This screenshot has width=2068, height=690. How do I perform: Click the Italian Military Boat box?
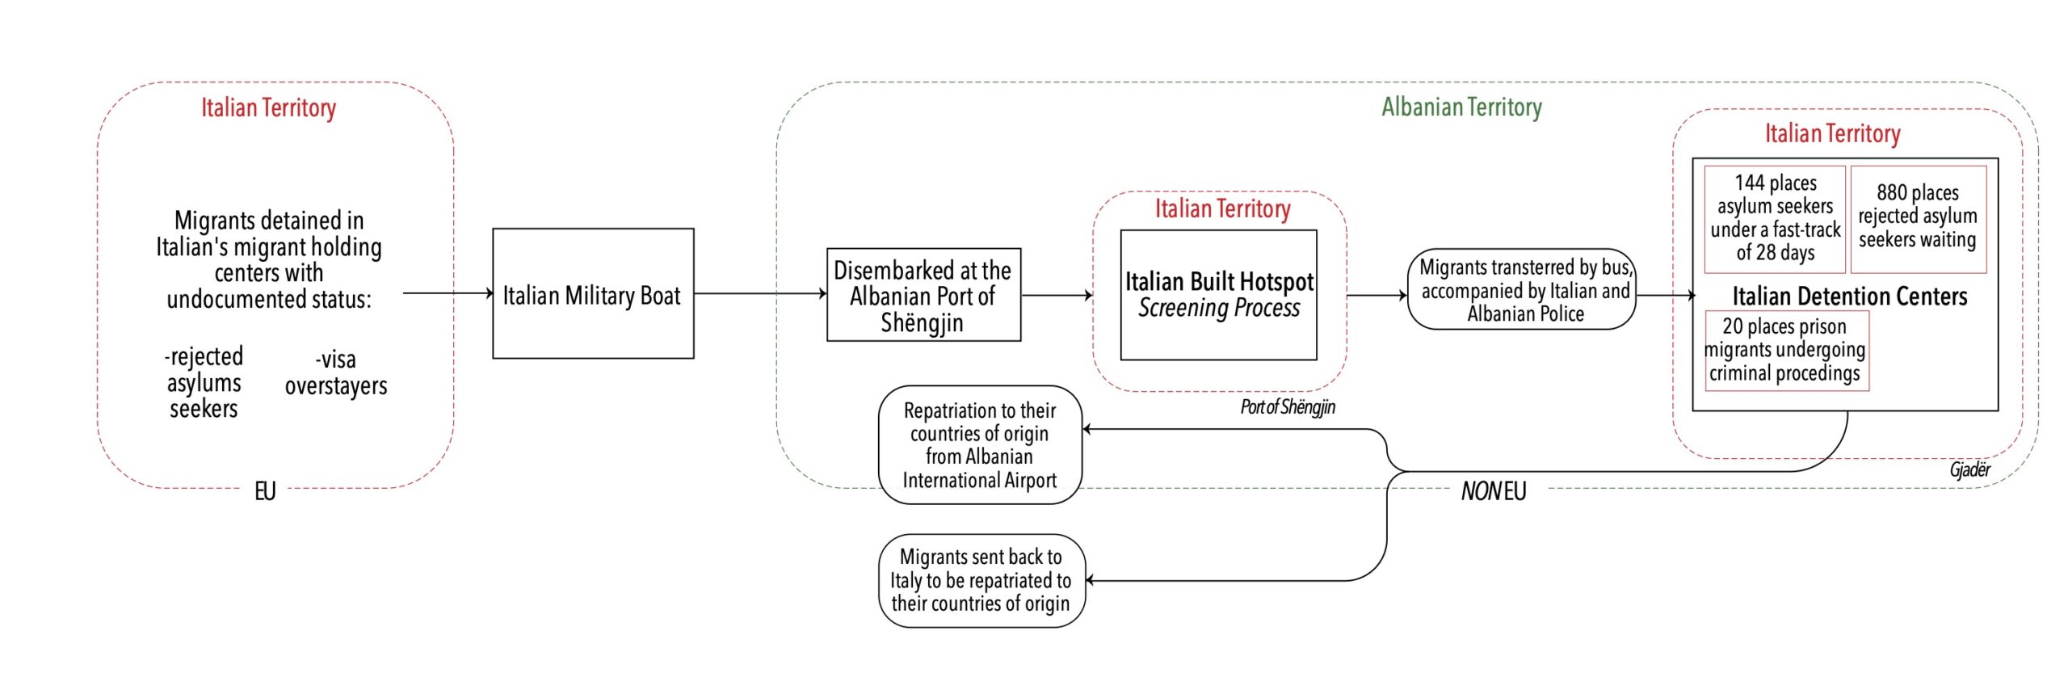pyautogui.click(x=592, y=293)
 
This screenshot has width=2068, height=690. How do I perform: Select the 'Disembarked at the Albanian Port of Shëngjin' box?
pyautogui.click(x=923, y=295)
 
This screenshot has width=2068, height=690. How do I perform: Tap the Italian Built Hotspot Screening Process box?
pyautogui.click(x=1218, y=295)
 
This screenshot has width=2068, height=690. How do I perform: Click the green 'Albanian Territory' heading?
pyautogui.click(x=1461, y=107)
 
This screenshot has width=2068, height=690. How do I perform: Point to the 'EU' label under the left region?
pyautogui.click(x=265, y=490)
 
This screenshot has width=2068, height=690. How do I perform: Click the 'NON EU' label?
pyautogui.click(x=1493, y=490)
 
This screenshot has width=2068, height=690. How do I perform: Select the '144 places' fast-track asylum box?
pyautogui.click(x=1775, y=218)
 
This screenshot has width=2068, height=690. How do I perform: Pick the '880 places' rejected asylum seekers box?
pyautogui.click(x=1918, y=217)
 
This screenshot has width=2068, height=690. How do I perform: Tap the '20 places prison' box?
pyautogui.click(x=1785, y=350)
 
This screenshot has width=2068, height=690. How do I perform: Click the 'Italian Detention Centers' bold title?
pyautogui.click(x=1849, y=296)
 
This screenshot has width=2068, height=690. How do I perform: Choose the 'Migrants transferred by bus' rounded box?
pyautogui.click(x=1524, y=289)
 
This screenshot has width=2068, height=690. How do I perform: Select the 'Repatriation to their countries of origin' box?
pyautogui.click(x=979, y=444)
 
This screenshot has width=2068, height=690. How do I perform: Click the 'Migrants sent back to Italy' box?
pyautogui.click(x=981, y=580)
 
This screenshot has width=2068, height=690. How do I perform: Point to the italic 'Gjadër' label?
pyautogui.click(x=1969, y=469)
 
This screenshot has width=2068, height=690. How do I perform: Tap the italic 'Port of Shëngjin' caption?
pyautogui.click(x=1288, y=406)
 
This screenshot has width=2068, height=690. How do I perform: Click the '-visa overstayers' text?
pyautogui.click(x=336, y=372)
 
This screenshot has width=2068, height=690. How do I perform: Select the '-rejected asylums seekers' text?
pyautogui.click(x=204, y=382)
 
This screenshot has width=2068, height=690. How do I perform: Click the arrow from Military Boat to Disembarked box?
pyautogui.click(x=759, y=293)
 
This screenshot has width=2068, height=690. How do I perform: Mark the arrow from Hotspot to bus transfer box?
pyautogui.click(x=1377, y=295)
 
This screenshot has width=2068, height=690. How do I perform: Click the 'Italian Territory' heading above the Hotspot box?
pyautogui.click(x=1221, y=208)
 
